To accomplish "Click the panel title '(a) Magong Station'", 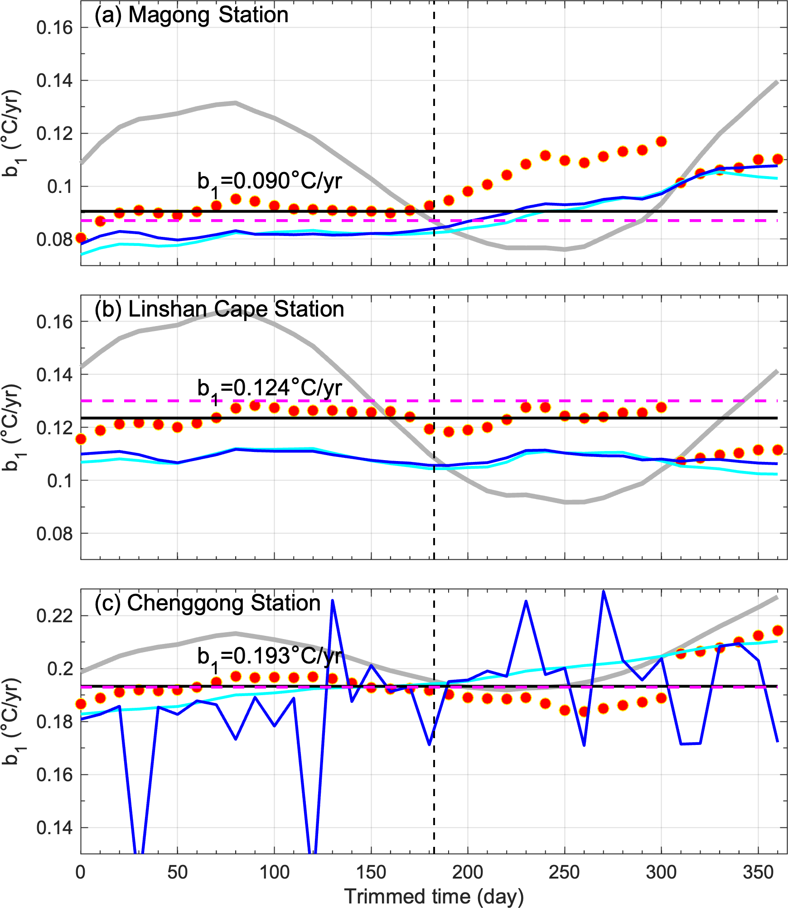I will (x=191, y=15).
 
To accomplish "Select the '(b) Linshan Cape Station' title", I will (x=219, y=309).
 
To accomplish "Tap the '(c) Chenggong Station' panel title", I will (x=208, y=603).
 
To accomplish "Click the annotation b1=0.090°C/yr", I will (x=270, y=182).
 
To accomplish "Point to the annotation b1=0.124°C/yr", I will (x=270, y=389).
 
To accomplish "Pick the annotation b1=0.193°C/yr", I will (x=270, y=657).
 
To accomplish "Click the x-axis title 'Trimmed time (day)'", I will (x=434, y=896).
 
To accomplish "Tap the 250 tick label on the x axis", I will (x=564, y=872).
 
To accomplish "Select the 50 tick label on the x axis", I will (x=177, y=872).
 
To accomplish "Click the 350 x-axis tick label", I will (x=758, y=872).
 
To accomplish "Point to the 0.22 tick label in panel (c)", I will (x=54, y=616).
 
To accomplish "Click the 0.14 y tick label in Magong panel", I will (x=54, y=81).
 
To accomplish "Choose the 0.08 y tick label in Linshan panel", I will (x=54, y=534).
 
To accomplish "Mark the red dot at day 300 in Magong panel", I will (x=661, y=142).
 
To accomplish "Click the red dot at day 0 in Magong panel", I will (x=81, y=238).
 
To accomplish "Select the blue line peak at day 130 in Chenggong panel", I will (x=333, y=601).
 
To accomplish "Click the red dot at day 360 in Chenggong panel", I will (x=778, y=630).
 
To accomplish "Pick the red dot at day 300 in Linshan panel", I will (x=661, y=408).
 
